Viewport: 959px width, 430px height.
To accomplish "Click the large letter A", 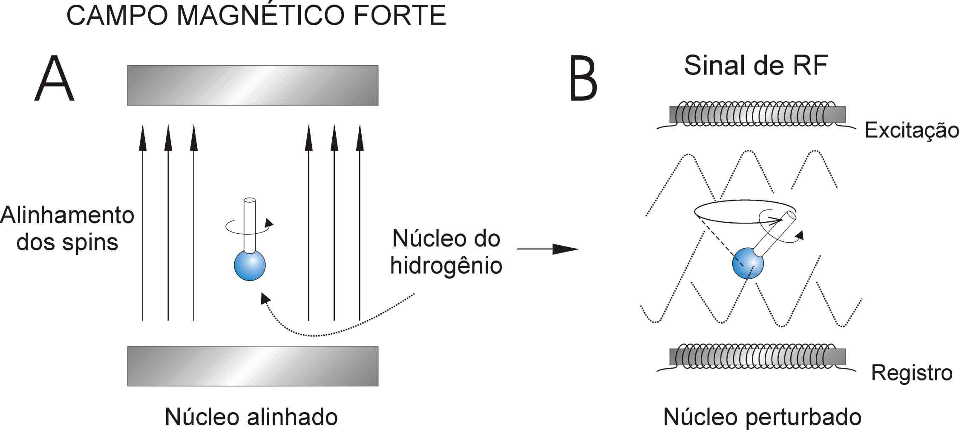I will [55, 79].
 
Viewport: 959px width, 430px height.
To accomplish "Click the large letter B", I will [583, 79].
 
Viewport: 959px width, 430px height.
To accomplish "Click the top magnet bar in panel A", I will [253, 85].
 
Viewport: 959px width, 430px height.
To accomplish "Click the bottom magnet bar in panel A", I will [253, 366].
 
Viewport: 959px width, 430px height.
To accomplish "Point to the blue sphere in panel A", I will [250, 265].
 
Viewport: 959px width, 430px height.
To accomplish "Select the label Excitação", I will [911, 130].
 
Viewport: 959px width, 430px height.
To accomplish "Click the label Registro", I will [911, 373].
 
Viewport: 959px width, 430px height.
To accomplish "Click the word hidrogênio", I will [446, 266].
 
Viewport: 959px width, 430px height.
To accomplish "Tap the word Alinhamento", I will [67, 215].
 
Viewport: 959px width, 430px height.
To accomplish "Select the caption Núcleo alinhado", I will [251, 417].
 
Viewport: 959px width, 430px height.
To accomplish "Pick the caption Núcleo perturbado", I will [762, 417].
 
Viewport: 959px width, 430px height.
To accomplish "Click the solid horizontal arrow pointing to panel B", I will [547, 249].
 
